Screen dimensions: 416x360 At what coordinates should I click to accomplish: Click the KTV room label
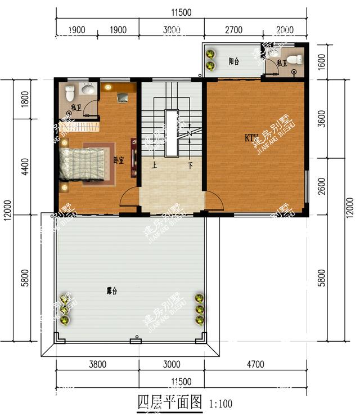point(251,137)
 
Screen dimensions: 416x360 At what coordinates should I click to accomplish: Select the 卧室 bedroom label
point(118,160)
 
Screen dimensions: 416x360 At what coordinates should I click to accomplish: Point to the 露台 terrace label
point(112,291)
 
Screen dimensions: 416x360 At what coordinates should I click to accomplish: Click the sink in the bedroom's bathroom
point(88,89)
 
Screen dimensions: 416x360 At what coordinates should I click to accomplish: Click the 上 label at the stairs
point(152,166)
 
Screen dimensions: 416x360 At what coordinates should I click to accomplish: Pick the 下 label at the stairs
point(190,166)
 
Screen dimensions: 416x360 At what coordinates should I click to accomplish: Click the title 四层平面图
point(169,403)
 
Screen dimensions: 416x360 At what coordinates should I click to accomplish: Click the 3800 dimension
point(97,364)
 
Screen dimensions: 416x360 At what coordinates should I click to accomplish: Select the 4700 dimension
point(255,364)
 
